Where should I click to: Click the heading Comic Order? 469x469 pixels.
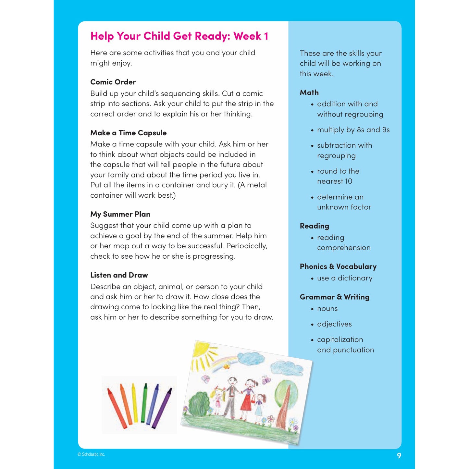point(113,82)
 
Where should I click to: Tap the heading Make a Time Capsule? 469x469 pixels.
point(128,133)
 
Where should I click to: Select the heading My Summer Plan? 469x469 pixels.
point(120,214)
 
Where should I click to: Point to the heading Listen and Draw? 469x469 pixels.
point(119,275)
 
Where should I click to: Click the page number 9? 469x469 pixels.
point(399,456)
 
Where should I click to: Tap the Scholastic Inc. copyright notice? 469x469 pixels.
point(91,454)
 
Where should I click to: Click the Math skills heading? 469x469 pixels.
point(309,93)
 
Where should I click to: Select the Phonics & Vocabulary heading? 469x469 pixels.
point(338,267)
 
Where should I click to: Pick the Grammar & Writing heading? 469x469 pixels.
point(334,297)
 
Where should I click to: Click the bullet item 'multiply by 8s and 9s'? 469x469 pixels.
point(353,130)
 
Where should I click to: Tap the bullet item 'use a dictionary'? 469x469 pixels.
point(344,278)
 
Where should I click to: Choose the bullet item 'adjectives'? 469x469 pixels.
point(334,324)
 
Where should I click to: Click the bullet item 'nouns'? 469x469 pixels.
point(327,309)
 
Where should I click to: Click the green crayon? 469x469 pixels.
point(144,402)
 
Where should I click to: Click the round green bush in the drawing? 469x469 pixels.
point(199,404)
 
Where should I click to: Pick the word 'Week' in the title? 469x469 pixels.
point(247,36)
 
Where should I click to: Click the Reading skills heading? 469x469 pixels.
point(314,226)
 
